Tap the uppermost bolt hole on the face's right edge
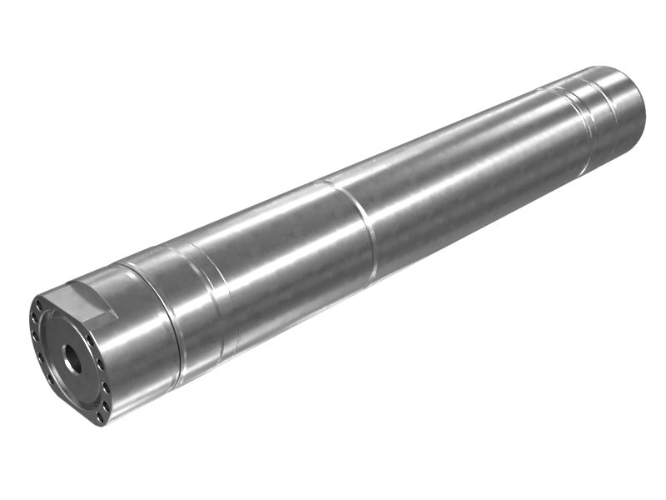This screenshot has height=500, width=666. [x=92, y=337]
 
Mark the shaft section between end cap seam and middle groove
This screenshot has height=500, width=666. [x=275, y=267]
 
